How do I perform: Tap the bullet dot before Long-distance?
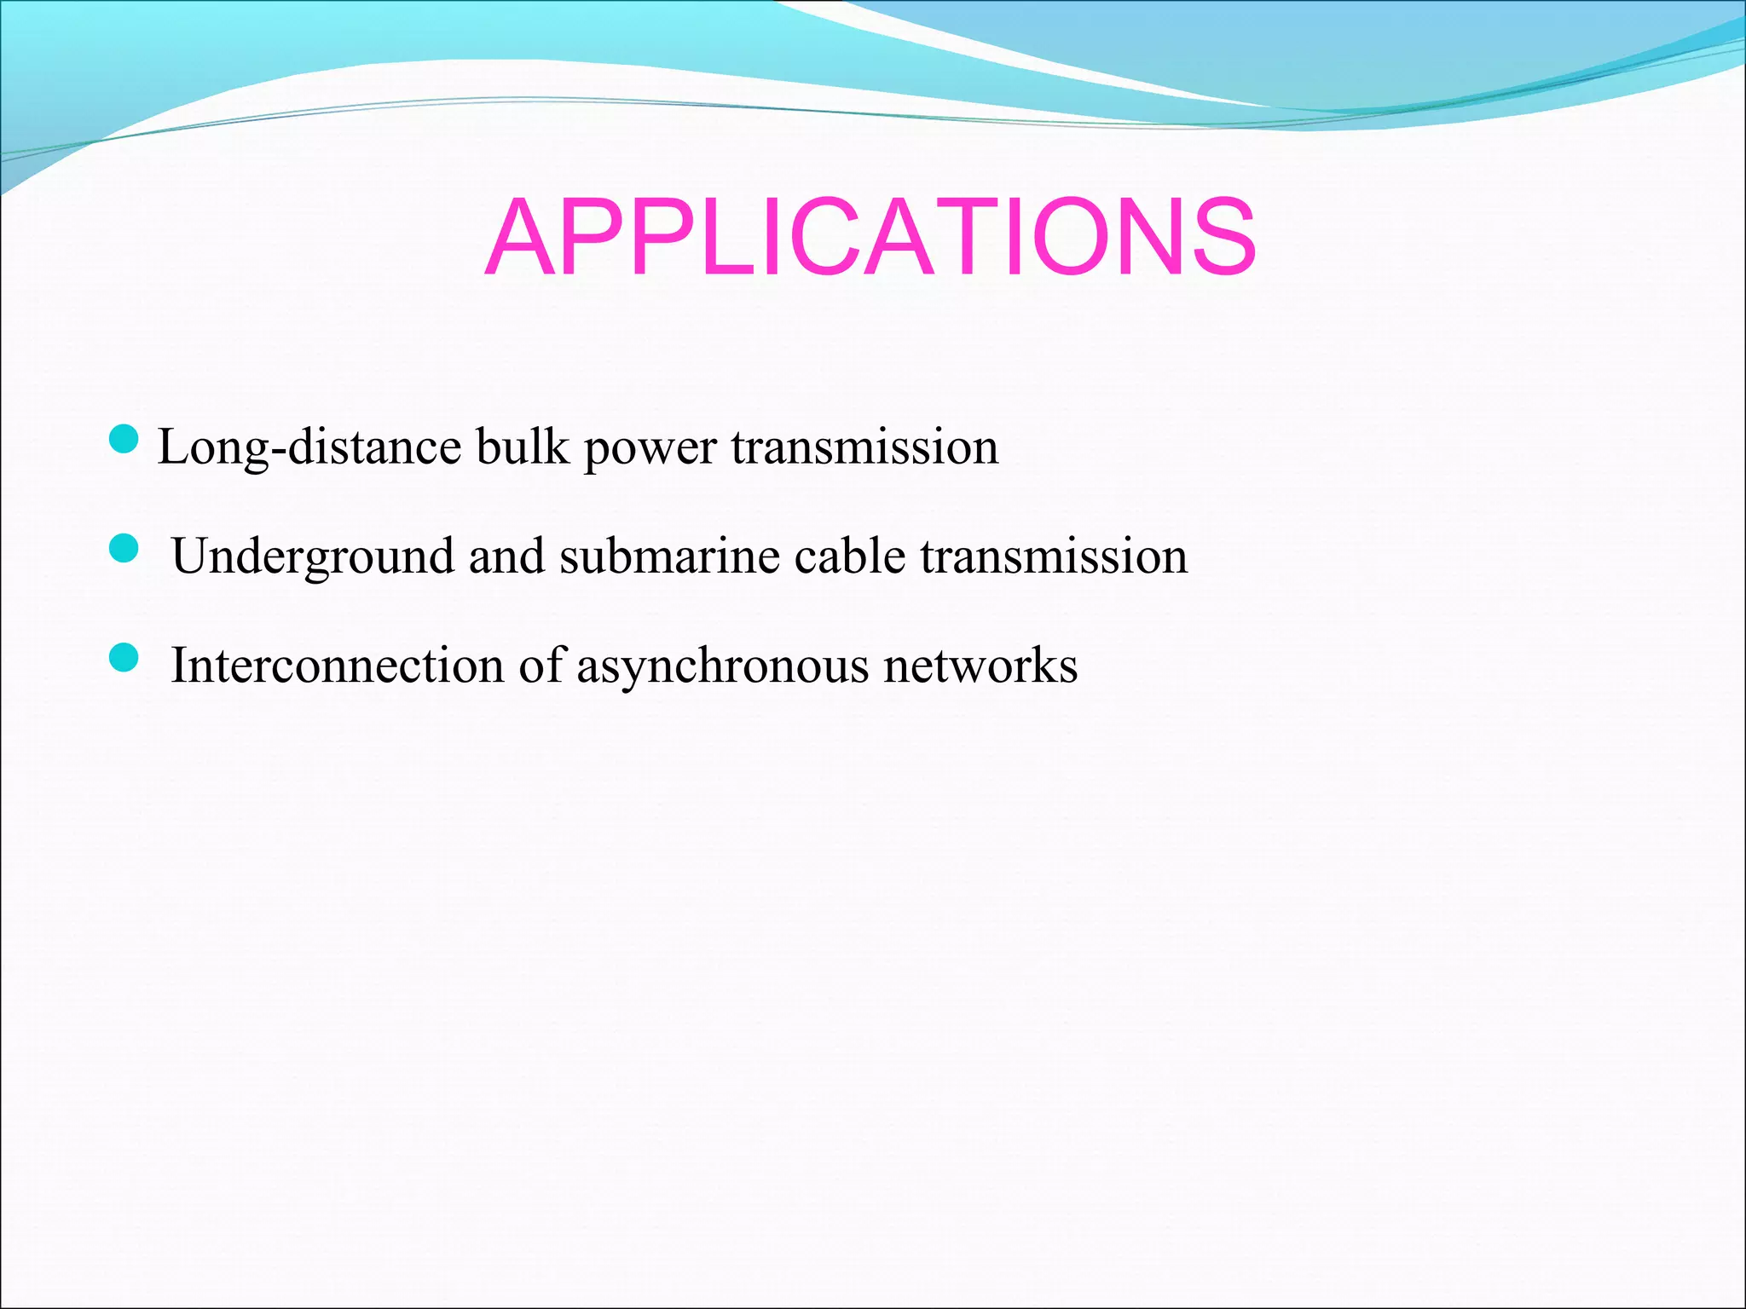point(124,440)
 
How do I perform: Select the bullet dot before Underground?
point(124,549)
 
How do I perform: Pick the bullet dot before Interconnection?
point(124,658)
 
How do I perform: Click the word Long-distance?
point(309,447)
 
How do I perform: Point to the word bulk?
point(522,446)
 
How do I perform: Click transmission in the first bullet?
point(864,447)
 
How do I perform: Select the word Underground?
point(312,556)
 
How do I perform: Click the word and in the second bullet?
point(506,556)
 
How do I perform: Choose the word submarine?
point(669,556)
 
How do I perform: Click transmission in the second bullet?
point(1054,556)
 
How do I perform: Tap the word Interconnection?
point(337,665)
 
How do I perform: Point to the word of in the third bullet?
point(541,665)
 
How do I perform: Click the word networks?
point(980,665)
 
